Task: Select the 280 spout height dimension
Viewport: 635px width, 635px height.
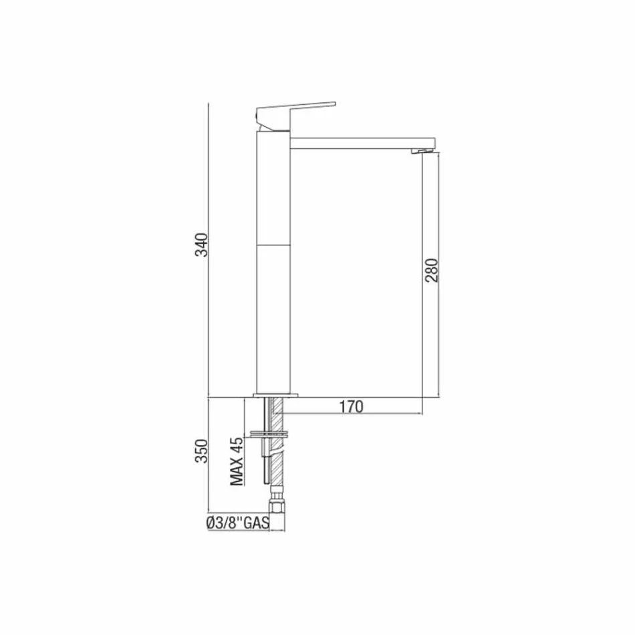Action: click(432, 270)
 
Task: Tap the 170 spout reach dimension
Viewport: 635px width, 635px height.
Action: click(350, 406)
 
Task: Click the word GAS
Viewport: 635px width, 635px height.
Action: click(255, 524)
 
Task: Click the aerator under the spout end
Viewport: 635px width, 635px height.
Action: click(422, 152)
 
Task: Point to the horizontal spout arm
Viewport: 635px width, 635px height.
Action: click(361, 142)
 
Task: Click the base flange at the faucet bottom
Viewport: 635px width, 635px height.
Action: click(274, 394)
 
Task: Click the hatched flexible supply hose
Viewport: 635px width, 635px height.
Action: click(277, 461)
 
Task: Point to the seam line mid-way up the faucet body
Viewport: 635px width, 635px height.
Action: click(273, 245)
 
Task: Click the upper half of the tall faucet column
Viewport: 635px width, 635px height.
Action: click(273, 190)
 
